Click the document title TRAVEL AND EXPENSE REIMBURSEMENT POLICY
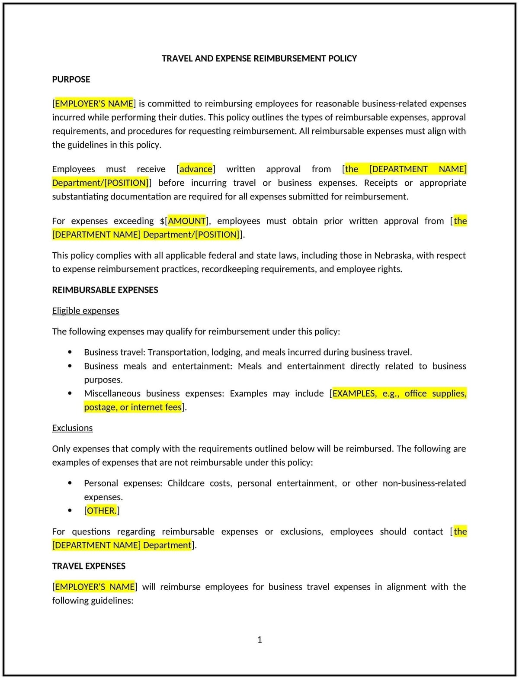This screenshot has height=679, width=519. [x=259, y=58]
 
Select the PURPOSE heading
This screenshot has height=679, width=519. [x=71, y=79]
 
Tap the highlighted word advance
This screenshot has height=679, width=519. [x=196, y=169]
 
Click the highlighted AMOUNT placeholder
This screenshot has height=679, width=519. [x=187, y=221]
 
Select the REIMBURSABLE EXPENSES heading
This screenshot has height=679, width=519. [x=105, y=290]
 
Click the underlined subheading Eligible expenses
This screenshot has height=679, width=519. [x=85, y=311]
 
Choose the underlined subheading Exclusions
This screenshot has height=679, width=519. [x=72, y=428]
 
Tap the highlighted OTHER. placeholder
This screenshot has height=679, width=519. [x=102, y=511]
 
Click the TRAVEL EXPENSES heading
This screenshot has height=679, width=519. [x=89, y=566]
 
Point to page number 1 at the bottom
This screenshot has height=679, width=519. [x=259, y=640]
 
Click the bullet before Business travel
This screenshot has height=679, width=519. [x=70, y=352]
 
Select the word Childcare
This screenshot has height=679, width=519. [x=186, y=483]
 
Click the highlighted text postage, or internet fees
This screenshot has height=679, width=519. [x=133, y=407]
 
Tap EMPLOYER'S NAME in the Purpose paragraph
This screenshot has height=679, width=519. [x=94, y=103]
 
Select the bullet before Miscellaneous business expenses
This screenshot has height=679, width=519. [x=70, y=393]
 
